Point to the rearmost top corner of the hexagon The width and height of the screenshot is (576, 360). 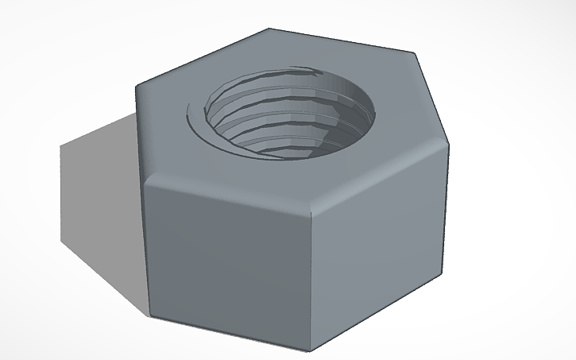click(x=269, y=30)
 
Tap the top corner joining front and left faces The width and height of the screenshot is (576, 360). click(x=145, y=178)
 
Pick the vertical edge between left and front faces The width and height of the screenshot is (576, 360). click(x=147, y=246)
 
